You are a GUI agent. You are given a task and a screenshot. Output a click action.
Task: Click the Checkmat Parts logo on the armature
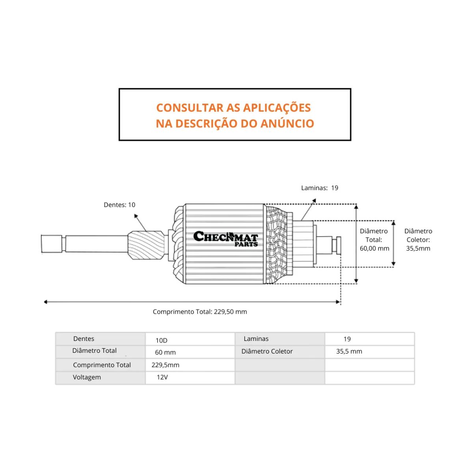pos(225,239)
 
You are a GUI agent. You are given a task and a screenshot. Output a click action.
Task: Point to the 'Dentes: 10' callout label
pos(119,205)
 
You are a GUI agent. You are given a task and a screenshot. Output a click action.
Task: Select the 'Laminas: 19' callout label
pos(320,188)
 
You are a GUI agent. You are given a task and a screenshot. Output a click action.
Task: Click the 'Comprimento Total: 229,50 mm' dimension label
pos(200,312)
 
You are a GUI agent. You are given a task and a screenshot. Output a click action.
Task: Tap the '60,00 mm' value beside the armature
pos(374,248)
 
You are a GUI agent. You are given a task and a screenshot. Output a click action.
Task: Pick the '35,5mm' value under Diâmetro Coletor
pos(418,248)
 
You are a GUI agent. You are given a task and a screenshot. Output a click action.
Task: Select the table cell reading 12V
pos(162,377)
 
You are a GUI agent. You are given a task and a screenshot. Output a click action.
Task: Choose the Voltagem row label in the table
pos(87,377)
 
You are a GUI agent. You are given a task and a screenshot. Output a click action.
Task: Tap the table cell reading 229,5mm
pos(165,365)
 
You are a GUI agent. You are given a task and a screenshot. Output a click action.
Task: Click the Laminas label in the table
pos(256,339)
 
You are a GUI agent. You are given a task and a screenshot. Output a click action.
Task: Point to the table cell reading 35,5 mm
pos(349,351)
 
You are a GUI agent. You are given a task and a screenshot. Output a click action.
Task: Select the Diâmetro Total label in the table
pos(95,351)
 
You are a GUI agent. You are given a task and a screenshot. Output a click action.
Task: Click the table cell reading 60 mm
pos(165,352)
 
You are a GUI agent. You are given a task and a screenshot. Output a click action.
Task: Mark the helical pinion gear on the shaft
pos(145,246)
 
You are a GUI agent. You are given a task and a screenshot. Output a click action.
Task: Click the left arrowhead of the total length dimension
pos(46,302)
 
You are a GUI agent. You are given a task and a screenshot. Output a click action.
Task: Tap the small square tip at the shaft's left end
pos(52,244)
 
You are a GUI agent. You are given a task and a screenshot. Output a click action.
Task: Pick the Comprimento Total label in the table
pos(102,365)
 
